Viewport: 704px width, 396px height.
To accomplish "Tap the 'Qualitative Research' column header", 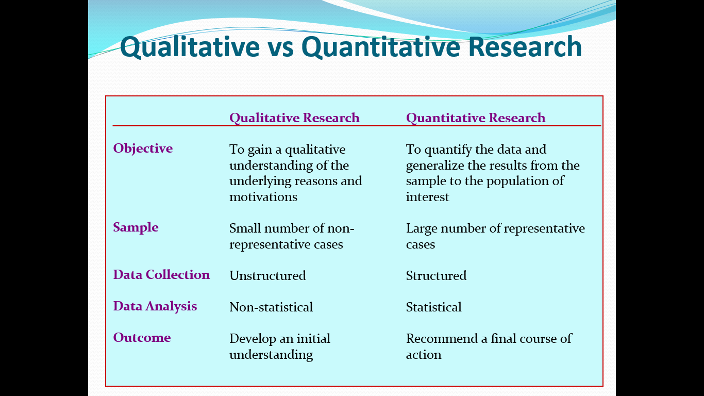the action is [x=294, y=118].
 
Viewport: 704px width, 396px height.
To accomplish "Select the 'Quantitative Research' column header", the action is [x=476, y=118].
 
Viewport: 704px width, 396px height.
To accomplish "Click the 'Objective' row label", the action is [x=143, y=148].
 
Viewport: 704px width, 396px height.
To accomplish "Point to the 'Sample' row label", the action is [x=136, y=227].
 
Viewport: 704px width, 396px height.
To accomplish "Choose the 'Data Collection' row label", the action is [x=161, y=275].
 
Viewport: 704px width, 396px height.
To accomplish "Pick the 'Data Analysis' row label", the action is [x=155, y=306].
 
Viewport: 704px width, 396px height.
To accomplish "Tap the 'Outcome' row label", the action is [x=142, y=338].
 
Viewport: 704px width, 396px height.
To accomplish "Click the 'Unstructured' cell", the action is [x=267, y=275].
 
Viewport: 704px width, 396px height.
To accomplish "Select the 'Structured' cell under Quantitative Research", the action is [x=436, y=275].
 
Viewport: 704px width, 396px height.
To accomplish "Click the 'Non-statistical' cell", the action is [x=271, y=307].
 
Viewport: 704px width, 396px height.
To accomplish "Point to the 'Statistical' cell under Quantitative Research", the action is [x=433, y=307].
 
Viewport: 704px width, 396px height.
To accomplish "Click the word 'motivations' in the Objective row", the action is [x=263, y=197].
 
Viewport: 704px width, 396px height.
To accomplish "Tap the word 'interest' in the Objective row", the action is [x=427, y=197].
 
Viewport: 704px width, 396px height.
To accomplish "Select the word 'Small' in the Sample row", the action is [x=245, y=228].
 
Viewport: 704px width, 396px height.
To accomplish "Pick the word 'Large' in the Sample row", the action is [x=422, y=229].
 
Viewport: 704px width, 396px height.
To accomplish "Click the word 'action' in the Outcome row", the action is [x=423, y=355].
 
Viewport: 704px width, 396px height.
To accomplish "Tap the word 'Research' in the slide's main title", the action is [x=525, y=47].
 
